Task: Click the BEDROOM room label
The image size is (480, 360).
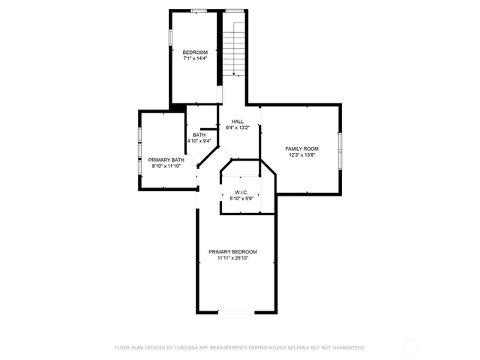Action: pos(196,52)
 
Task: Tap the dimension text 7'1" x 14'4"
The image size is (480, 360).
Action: pos(196,58)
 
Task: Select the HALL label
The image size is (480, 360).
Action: pos(238,121)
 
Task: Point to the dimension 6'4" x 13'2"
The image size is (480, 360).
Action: pos(238,127)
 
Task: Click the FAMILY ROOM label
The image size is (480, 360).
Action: pos(301,148)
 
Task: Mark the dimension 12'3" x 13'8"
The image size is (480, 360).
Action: pos(301,155)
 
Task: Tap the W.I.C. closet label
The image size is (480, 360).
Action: pos(241,192)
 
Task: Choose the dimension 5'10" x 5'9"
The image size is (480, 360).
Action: pos(241,199)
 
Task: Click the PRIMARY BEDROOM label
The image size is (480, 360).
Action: pos(232,251)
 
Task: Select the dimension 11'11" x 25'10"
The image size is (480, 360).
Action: pos(232,258)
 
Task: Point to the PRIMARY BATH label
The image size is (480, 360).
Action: pos(166,160)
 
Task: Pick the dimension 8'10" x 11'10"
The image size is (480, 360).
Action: pos(166,166)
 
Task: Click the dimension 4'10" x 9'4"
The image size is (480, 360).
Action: pos(199,141)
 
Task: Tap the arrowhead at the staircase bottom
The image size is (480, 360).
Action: pos(235,73)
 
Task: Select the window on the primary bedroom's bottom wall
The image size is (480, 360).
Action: pos(235,312)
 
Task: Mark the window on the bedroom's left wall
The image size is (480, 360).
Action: pos(169,36)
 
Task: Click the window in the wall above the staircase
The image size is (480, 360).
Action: pos(235,10)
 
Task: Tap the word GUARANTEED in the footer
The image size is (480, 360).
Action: pos(346,347)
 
